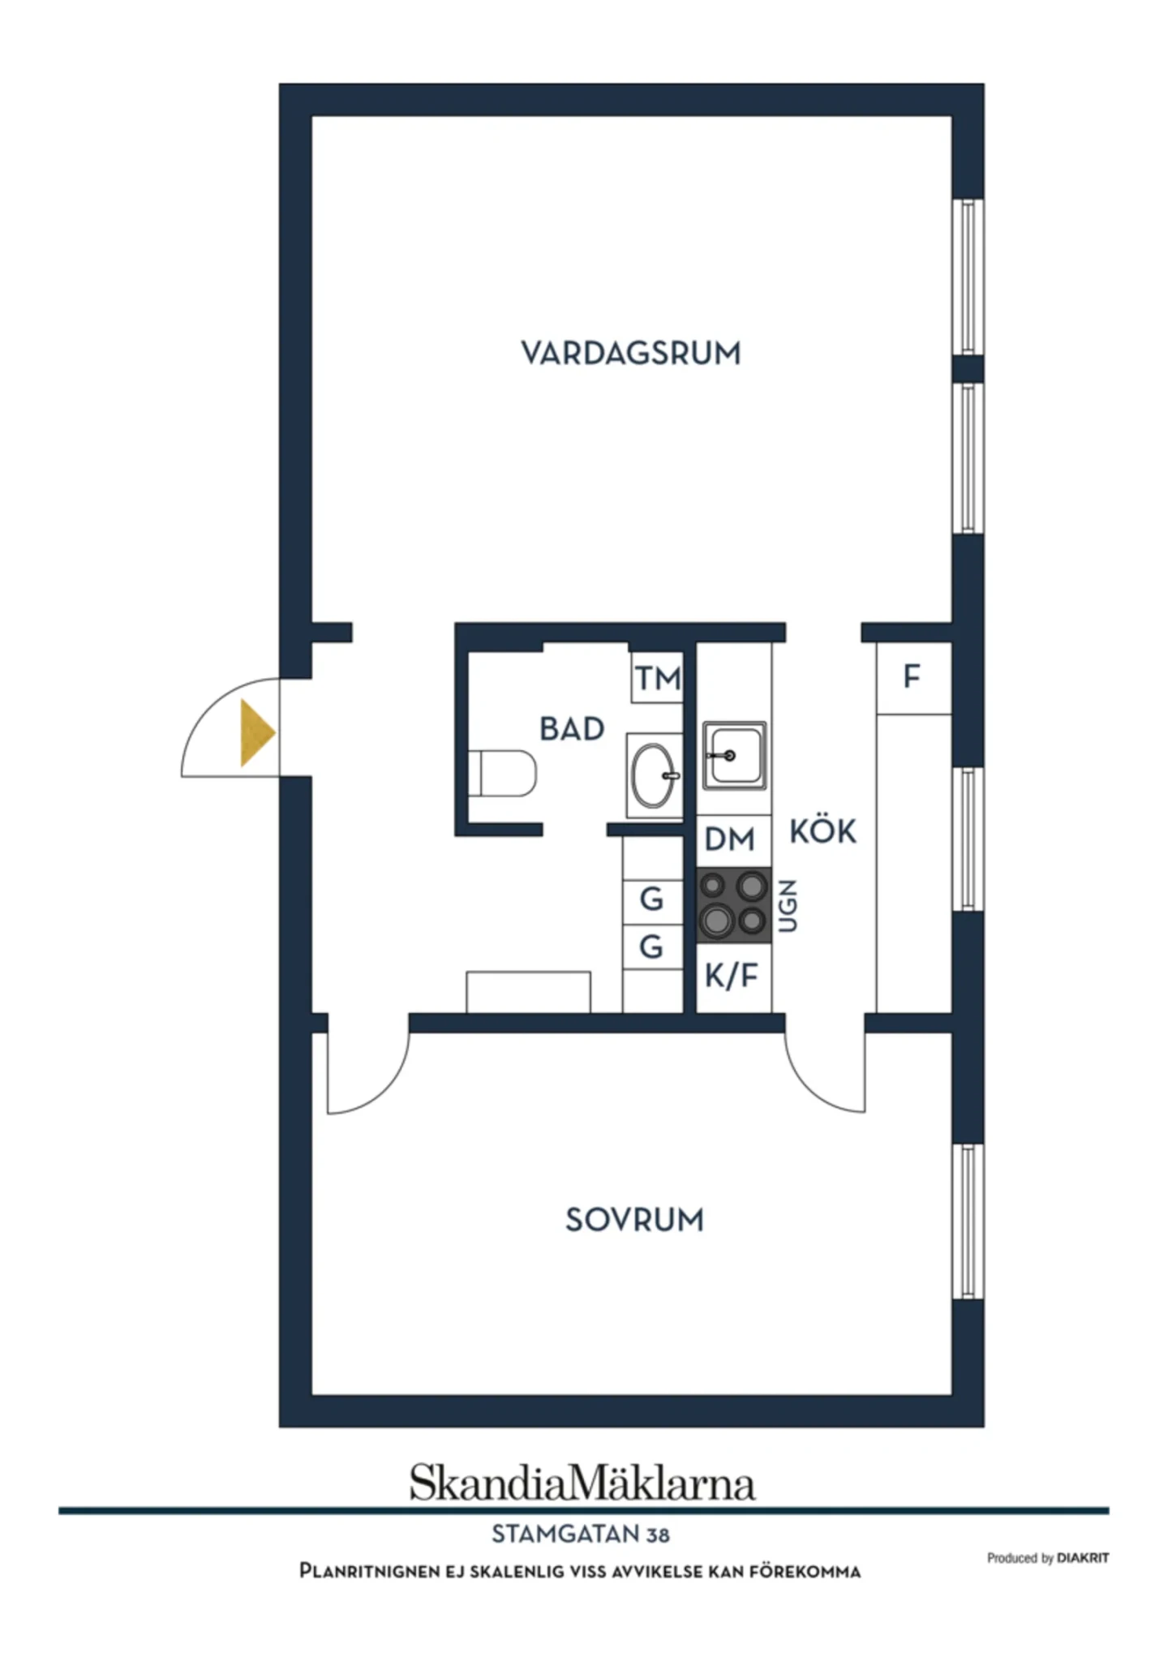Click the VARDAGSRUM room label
coord(630,354)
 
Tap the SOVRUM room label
coord(634,1220)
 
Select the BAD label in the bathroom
coord(572,729)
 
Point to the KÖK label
coord(822,830)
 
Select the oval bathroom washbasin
coord(654,776)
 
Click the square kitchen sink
coord(734,756)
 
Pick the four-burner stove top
coord(733,905)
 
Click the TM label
coord(658,678)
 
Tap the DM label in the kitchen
coord(729,839)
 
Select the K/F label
coord(731,976)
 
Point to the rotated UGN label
coord(788,905)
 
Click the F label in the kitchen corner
coord(912,676)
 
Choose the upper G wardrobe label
coord(651,899)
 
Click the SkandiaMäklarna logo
coord(582,1483)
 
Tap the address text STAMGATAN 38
coord(581,1534)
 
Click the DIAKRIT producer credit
coord(1083,1558)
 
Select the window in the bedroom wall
coord(968,1221)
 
